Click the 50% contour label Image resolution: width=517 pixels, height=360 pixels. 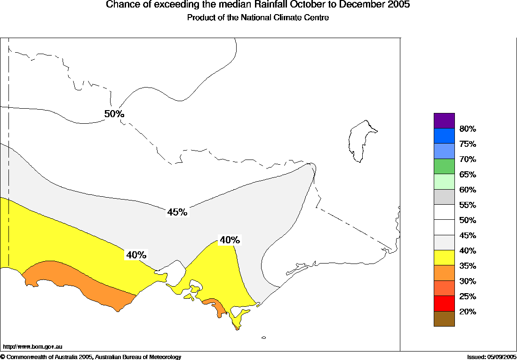click(114, 114)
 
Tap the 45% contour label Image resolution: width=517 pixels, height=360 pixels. click(177, 212)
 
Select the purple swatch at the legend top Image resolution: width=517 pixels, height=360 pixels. click(444, 120)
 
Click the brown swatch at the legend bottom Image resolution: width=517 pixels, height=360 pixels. click(444, 319)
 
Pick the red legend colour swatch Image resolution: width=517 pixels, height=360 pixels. click(444, 304)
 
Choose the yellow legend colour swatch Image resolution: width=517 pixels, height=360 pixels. click(444, 258)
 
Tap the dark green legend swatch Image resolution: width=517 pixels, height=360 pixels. click(444, 167)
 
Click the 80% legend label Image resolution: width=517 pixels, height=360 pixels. click(468, 129)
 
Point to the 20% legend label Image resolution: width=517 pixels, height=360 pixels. click(468, 312)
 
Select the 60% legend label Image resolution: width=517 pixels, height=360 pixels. click(468, 190)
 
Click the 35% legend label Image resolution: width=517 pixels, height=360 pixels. click(468, 266)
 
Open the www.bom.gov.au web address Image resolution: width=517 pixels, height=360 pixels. click(33, 346)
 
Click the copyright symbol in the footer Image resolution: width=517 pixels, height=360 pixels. click(3, 357)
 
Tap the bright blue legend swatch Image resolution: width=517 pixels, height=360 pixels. click(444, 136)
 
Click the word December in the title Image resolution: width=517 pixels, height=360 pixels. click(350, 5)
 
